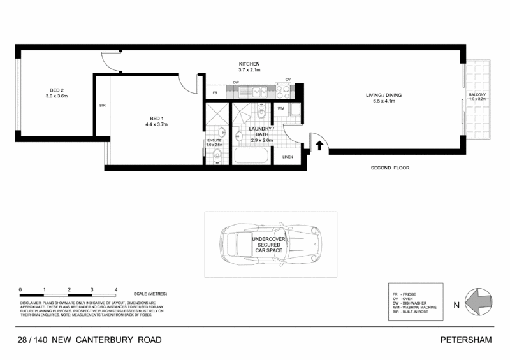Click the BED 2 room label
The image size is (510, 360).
56,90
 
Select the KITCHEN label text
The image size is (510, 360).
249,64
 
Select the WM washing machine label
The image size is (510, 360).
280,108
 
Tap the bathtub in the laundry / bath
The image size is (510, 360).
251,155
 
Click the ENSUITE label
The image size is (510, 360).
214,140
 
